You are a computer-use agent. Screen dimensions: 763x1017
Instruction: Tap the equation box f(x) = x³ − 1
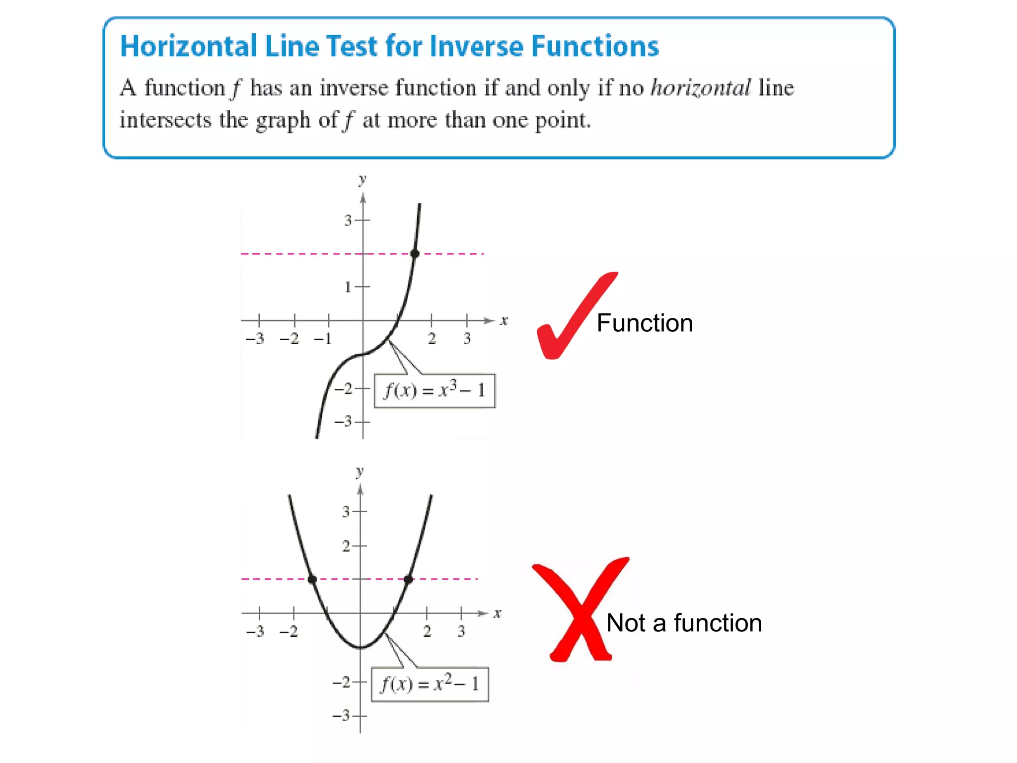tap(434, 391)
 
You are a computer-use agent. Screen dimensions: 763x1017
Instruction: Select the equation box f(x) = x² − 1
tap(430, 684)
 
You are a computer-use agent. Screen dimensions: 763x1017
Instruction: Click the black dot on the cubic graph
tap(415, 254)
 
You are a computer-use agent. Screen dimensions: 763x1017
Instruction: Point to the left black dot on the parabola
tap(312, 579)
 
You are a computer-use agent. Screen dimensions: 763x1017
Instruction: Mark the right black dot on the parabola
tap(408, 579)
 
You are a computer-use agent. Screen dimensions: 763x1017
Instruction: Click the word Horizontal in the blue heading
tap(189, 47)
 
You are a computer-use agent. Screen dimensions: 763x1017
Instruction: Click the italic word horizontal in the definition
tap(701, 88)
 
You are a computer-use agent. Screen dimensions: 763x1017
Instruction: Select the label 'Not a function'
tap(684, 623)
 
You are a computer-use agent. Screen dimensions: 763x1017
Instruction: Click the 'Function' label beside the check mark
tap(645, 323)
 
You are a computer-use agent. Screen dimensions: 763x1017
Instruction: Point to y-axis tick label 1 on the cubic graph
tap(348, 287)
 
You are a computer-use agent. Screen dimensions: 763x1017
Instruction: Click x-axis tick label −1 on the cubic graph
tap(322, 339)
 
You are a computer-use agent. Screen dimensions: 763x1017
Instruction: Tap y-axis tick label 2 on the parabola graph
tap(346, 546)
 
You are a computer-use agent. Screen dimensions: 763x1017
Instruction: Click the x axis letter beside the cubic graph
tap(504, 321)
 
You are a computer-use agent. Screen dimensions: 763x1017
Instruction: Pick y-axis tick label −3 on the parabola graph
tap(342, 716)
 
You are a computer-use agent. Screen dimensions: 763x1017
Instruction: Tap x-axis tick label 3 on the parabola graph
tap(461, 631)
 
